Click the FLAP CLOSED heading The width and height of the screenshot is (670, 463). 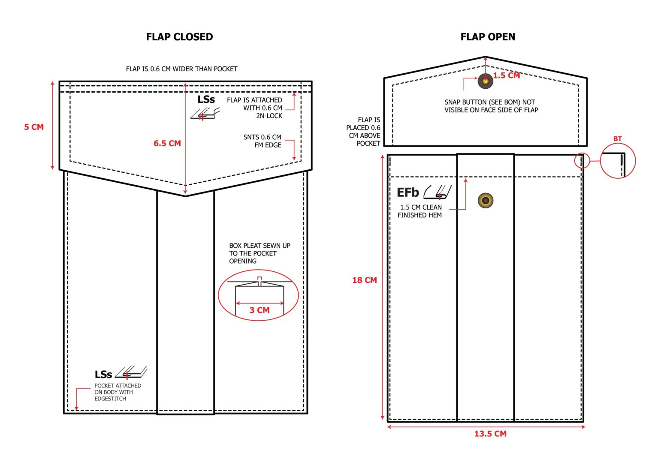[179, 37]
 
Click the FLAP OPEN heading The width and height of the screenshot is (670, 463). [488, 37]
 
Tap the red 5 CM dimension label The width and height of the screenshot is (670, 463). [34, 127]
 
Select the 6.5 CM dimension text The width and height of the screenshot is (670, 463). [167, 144]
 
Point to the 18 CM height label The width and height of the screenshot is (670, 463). [364, 280]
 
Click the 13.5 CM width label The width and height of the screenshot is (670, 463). [491, 434]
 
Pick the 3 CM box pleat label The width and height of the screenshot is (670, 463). [260, 310]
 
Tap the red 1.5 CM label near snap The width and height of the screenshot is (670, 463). [507, 75]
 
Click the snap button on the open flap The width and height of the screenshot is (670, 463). [485, 81]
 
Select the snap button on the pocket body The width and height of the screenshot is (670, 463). [486, 200]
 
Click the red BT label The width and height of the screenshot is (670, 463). [618, 139]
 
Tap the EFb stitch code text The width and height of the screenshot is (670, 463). [407, 192]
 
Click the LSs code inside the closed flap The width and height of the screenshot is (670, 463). [206, 99]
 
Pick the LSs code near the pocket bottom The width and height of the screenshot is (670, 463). [103, 374]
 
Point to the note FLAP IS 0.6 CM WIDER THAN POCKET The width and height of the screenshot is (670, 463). [181, 69]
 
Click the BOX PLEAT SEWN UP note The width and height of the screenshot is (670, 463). [260, 253]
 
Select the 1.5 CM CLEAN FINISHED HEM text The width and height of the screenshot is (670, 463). [420, 211]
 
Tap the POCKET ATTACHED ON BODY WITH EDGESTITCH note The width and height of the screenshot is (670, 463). [118, 392]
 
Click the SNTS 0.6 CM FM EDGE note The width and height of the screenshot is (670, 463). [263, 141]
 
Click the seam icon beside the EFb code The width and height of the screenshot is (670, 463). [438, 192]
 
